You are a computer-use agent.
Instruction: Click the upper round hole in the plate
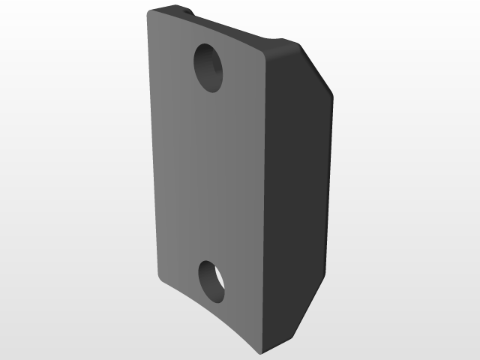(209, 67)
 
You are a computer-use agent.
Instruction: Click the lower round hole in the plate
(212, 282)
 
